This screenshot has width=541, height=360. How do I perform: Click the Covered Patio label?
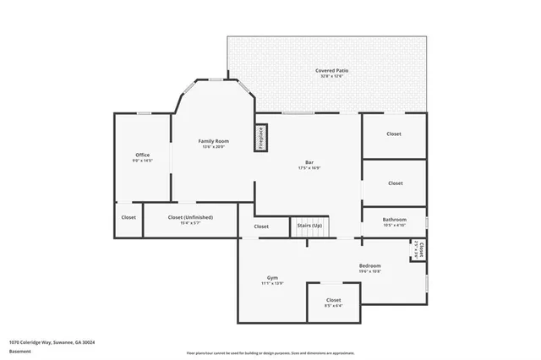tap(332, 71)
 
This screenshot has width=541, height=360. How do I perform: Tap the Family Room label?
tap(214, 141)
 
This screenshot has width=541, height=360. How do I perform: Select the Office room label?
tap(143, 155)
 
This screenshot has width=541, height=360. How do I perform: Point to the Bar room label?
tap(309, 162)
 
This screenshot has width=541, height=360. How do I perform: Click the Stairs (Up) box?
tap(309, 226)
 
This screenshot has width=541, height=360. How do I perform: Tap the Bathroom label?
tap(395, 220)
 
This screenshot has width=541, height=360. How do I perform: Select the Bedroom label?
tap(369, 265)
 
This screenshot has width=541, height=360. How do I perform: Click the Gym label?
tap(273, 278)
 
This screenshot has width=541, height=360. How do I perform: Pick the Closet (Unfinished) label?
tap(190, 217)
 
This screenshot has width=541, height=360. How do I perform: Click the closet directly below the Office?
tap(128, 217)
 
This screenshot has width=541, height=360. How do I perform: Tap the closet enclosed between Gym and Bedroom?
tap(333, 300)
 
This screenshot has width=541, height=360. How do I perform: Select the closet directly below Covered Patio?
tap(394, 134)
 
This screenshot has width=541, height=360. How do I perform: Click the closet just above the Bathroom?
tap(395, 183)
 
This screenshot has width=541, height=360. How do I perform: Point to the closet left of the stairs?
tap(261, 226)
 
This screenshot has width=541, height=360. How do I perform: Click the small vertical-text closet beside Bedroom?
tap(420, 250)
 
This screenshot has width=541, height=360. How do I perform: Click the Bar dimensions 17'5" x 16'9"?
tap(309, 168)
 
